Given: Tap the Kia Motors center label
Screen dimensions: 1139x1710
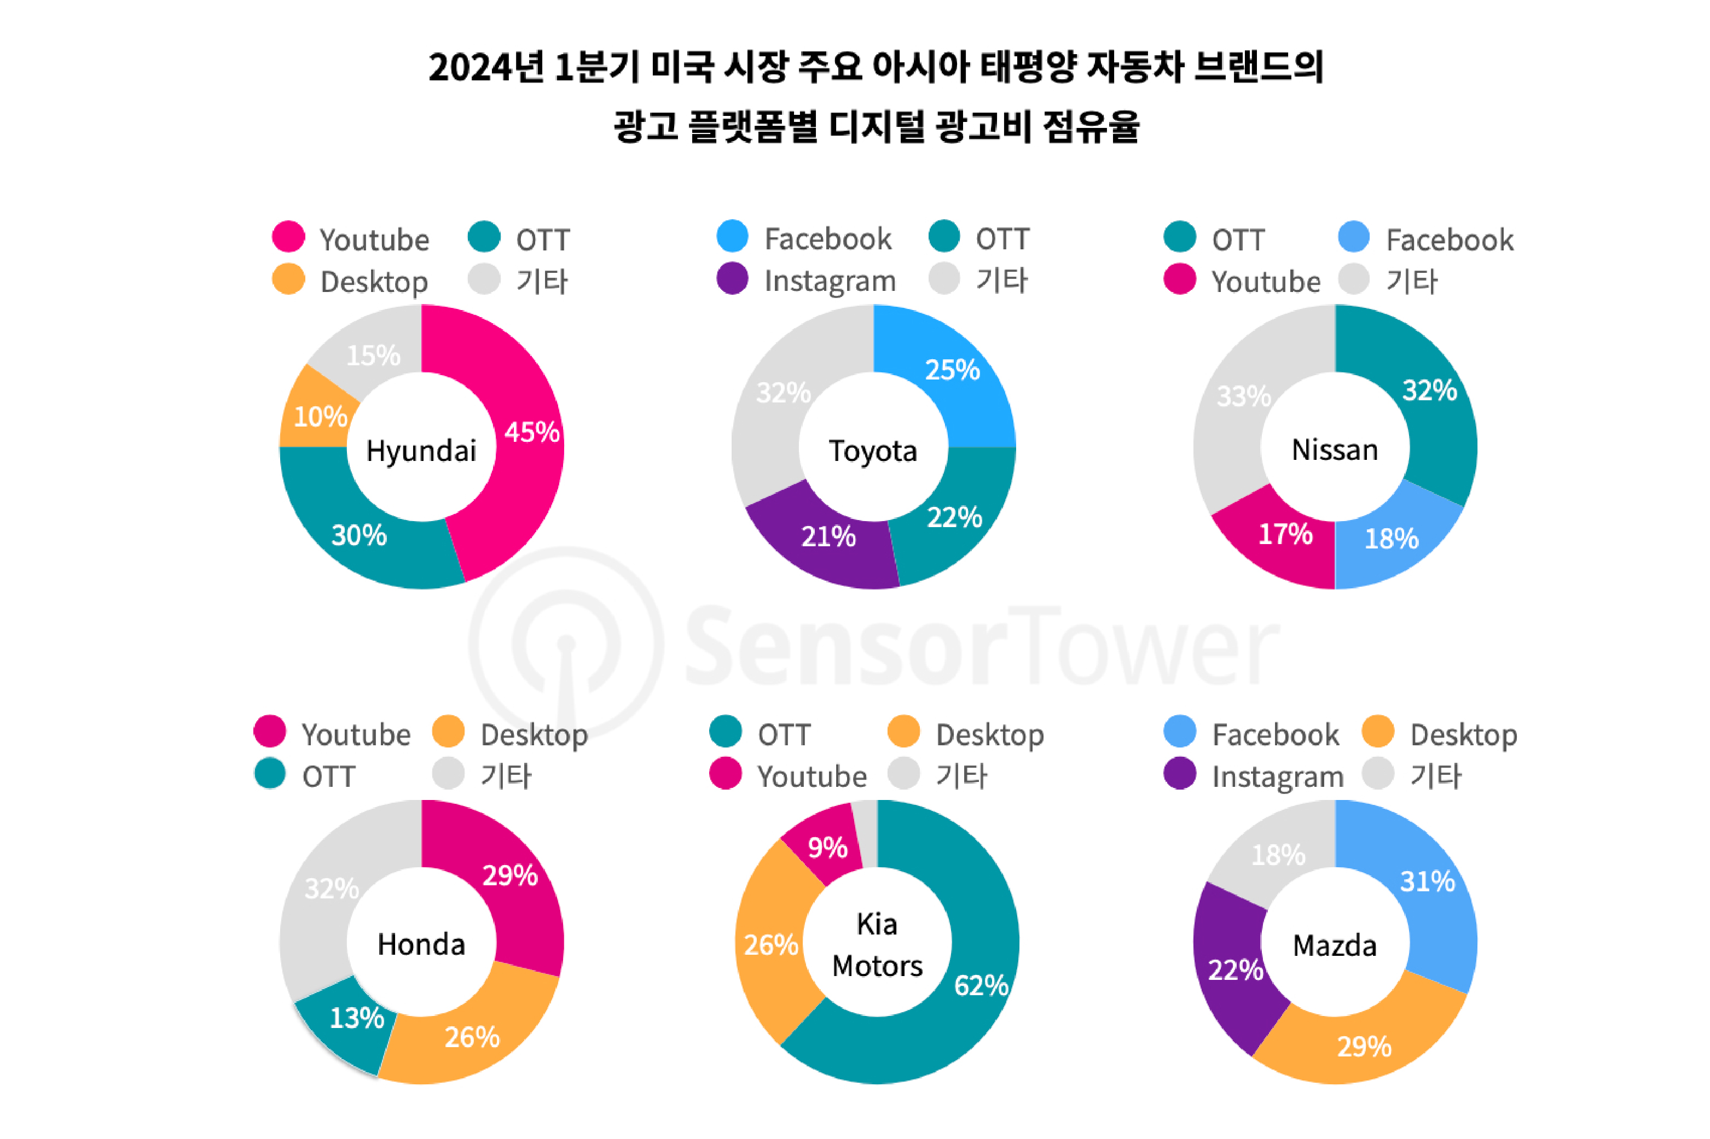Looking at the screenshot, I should click(x=877, y=944).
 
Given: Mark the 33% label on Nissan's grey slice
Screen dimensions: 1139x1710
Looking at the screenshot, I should click(x=1243, y=396).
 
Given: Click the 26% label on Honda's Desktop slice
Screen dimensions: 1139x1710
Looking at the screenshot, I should click(x=472, y=1037).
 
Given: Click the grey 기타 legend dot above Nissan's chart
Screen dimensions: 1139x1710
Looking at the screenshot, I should click(x=1353, y=279).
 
